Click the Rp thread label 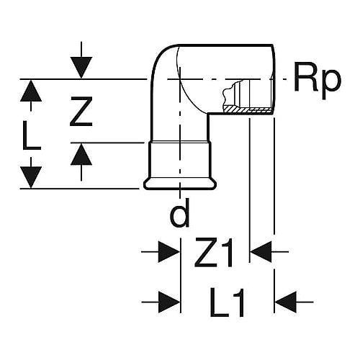318,81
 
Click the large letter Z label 81,112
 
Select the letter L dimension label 31,135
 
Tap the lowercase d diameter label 179,212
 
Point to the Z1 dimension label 214,252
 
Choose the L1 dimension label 227,302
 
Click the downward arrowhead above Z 81,68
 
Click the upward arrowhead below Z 81,154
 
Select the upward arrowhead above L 31,91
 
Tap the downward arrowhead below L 31,177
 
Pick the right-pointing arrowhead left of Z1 169,252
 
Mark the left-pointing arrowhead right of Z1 261,252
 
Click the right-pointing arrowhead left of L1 169,302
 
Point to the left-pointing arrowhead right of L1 285,302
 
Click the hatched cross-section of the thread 247,110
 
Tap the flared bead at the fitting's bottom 180,184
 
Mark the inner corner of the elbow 208,114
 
